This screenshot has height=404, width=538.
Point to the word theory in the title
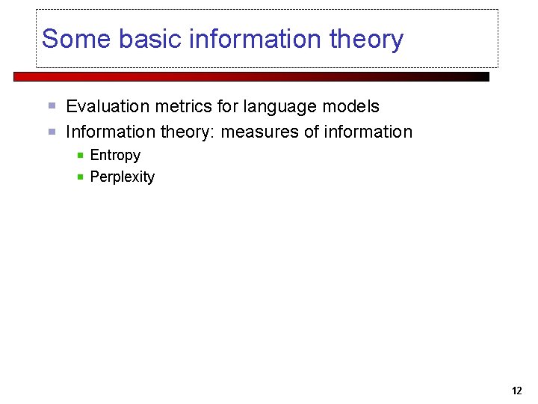pyautogui.click(x=367, y=39)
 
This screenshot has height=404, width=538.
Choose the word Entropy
pyautogui.click(x=115, y=156)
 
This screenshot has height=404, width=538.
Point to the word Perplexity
pyautogui.click(x=122, y=177)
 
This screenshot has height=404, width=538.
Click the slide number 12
pyautogui.click(x=517, y=391)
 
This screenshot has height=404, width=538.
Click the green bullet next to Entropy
pyautogui.click(x=81, y=156)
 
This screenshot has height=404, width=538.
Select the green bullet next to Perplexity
pyautogui.click(x=81, y=177)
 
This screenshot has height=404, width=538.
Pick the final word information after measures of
pyautogui.click(x=368, y=132)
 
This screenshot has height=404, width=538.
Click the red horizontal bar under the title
pyautogui.click(x=251, y=76)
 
